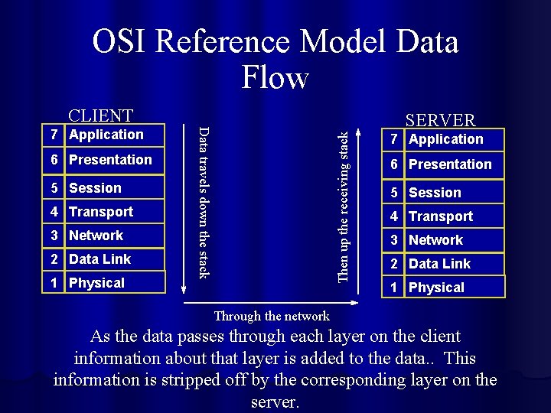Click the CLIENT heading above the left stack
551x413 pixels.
(101, 115)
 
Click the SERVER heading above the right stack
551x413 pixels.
(440, 120)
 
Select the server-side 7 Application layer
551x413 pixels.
(445, 139)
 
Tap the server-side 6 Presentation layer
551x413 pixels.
(445, 164)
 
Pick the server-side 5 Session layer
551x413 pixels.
(445, 193)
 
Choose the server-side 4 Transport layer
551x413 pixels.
(445, 216)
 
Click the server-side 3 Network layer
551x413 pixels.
(445, 240)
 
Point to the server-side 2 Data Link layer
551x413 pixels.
(445, 264)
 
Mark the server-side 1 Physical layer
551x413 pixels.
(445, 288)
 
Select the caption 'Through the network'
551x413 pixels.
(272, 316)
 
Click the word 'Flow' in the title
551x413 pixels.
(275, 76)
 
